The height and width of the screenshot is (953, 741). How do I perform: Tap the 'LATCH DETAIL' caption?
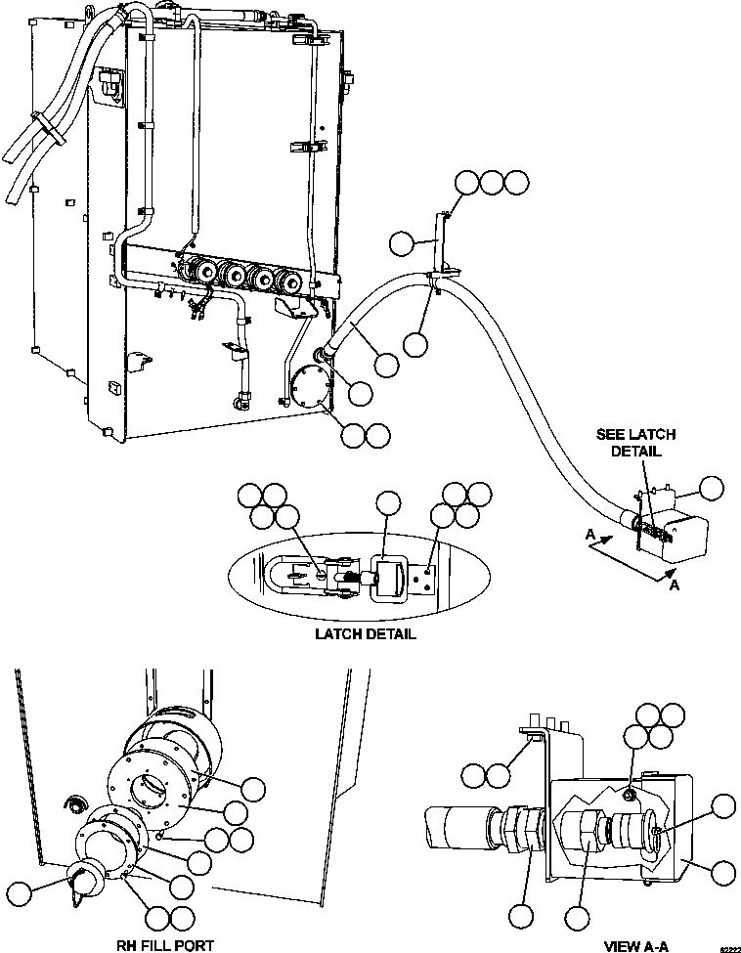click(365, 633)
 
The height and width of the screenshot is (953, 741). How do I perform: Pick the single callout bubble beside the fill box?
click(715, 489)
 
